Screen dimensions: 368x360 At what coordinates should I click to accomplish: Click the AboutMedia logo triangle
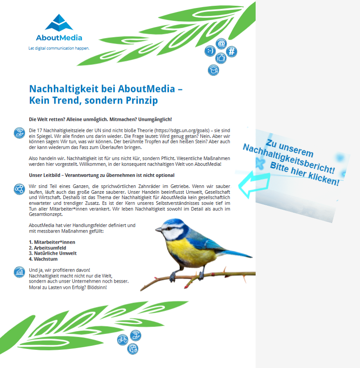click(59, 22)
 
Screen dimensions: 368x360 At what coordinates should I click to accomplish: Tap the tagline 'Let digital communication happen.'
click(59, 48)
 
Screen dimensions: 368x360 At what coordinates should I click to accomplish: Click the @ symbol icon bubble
click(221, 44)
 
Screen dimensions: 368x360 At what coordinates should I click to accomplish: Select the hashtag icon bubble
click(231, 52)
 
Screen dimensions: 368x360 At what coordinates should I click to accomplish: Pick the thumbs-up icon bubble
click(221, 58)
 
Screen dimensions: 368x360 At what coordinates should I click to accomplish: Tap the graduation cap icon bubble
click(213, 70)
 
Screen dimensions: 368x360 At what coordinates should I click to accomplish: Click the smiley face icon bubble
click(209, 51)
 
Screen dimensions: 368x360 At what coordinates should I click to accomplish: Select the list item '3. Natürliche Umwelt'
click(53, 253)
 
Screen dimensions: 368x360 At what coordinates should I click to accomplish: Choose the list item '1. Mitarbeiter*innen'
click(52, 242)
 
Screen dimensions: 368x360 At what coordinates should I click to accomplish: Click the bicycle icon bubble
click(123, 340)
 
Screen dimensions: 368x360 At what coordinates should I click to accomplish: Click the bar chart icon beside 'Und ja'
click(19, 272)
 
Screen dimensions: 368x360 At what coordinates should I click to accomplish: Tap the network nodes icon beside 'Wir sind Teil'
click(19, 189)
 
